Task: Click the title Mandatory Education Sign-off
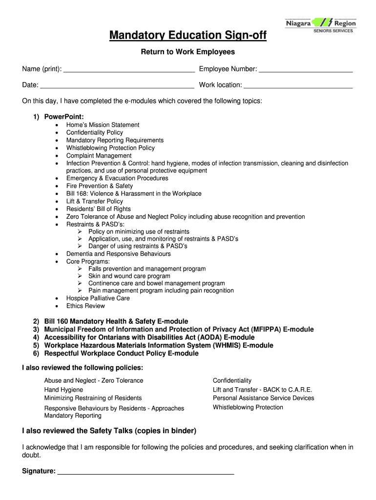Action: (x=188, y=36)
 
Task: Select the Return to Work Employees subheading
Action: (x=188, y=52)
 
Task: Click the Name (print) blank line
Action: (x=129, y=70)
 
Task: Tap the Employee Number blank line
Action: (x=306, y=70)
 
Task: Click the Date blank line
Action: (x=117, y=85)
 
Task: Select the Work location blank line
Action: (x=298, y=85)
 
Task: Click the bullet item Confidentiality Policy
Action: (x=95, y=132)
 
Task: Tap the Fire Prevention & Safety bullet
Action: (x=100, y=186)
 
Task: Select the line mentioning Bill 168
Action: (x=134, y=193)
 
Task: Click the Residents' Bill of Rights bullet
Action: (x=99, y=208)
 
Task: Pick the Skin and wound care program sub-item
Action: (x=129, y=276)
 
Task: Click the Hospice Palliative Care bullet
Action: (x=98, y=298)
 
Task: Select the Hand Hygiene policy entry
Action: (x=63, y=390)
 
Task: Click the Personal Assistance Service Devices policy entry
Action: (x=263, y=398)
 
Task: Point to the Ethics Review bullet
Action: (x=85, y=306)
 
